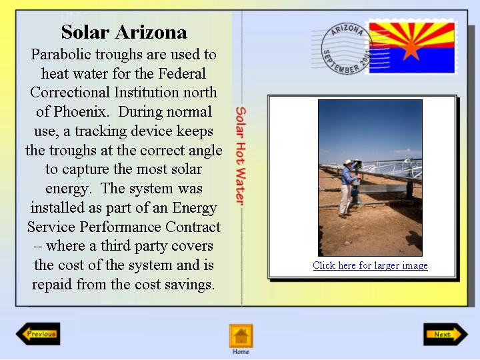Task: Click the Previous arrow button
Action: pyautogui.click(x=38, y=334)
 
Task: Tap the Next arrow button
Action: pyautogui.click(x=446, y=334)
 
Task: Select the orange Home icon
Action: pyautogui.click(x=241, y=336)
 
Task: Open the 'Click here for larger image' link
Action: pyautogui.click(x=370, y=265)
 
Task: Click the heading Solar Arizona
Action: pyautogui.click(x=124, y=32)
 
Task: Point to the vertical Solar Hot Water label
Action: pyautogui.click(x=241, y=156)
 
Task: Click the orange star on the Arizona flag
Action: pyautogui.click(x=411, y=49)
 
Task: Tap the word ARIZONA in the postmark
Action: pyautogui.click(x=347, y=30)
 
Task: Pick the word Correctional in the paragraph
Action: pyautogui.click(x=70, y=93)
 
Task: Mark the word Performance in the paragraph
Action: pyautogui.click(x=120, y=227)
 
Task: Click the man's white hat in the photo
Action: pyautogui.click(x=348, y=162)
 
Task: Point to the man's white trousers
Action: pyautogui.click(x=345, y=199)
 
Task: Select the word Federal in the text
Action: pyautogui.click(x=182, y=73)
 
